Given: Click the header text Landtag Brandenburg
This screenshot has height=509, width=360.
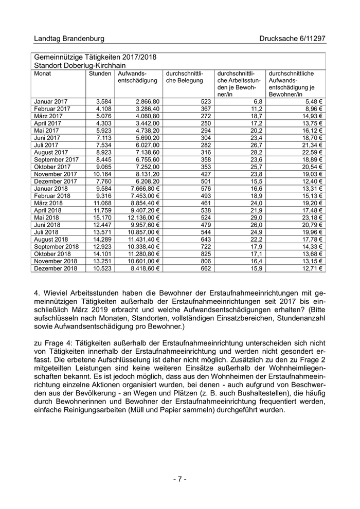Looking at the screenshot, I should click(69, 39).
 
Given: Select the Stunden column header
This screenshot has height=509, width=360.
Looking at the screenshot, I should click(100, 74).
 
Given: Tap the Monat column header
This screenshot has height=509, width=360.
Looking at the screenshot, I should click(43, 74).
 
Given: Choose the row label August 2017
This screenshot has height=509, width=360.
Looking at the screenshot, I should click(51, 152).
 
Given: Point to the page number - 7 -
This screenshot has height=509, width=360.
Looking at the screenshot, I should click(179, 479).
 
